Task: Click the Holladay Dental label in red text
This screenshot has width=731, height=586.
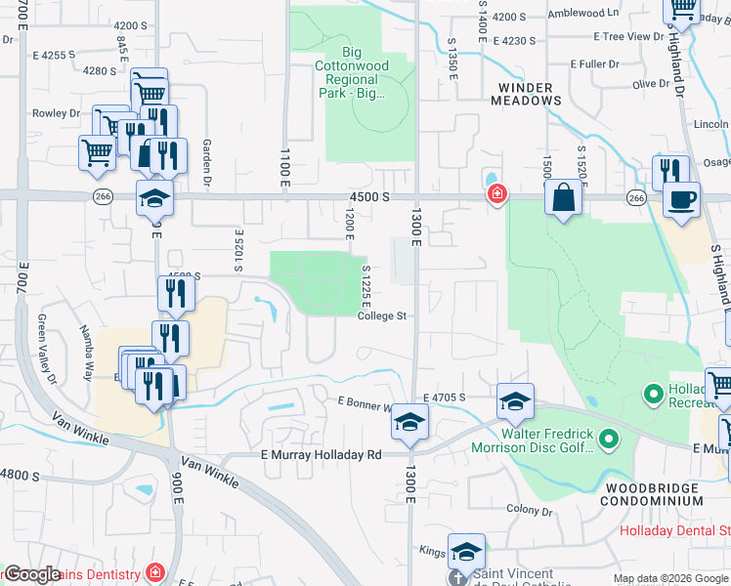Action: tap(675, 531)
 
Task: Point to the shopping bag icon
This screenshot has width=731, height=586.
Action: tap(563, 197)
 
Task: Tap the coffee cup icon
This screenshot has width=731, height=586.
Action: tap(681, 200)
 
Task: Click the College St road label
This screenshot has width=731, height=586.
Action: tap(381, 316)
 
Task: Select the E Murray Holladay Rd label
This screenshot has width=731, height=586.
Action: tap(321, 455)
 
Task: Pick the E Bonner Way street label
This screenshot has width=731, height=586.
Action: tap(365, 401)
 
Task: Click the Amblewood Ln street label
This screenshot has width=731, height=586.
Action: tap(584, 14)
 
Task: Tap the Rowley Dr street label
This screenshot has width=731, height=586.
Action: tap(55, 114)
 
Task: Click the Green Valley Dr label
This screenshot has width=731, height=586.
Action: tap(43, 335)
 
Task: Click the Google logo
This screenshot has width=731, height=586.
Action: tap(30, 574)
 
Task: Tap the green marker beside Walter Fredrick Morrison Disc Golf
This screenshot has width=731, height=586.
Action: tap(610, 441)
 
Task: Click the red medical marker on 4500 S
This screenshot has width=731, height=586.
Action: tap(496, 194)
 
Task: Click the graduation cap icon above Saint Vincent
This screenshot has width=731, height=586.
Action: tap(466, 551)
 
